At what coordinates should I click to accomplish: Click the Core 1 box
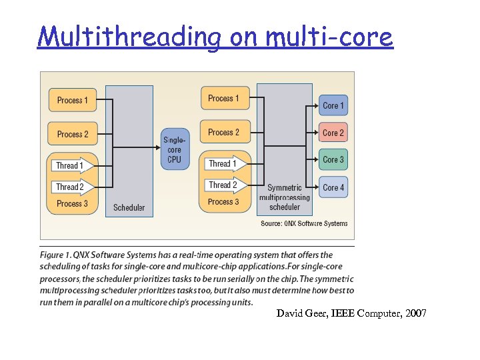[x=333, y=105]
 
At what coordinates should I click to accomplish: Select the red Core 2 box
[x=333, y=132]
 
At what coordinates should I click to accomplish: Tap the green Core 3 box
[x=333, y=160]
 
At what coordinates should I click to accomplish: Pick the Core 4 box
[x=333, y=187]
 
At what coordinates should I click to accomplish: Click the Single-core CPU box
[x=175, y=149]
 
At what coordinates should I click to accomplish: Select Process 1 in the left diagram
[x=73, y=101]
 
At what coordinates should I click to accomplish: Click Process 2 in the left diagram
[x=73, y=134]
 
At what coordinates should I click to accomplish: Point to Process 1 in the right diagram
[x=223, y=99]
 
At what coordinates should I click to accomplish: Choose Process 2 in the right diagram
[x=223, y=132]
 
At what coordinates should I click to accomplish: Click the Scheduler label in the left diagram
[x=129, y=207]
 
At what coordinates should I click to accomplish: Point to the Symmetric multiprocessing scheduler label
[x=285, y=197]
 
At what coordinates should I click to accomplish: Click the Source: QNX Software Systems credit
[x=304, y=223]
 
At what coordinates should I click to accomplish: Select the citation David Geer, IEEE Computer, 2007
[x=351, y=313]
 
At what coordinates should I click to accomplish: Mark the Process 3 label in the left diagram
[x=72, y=203]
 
